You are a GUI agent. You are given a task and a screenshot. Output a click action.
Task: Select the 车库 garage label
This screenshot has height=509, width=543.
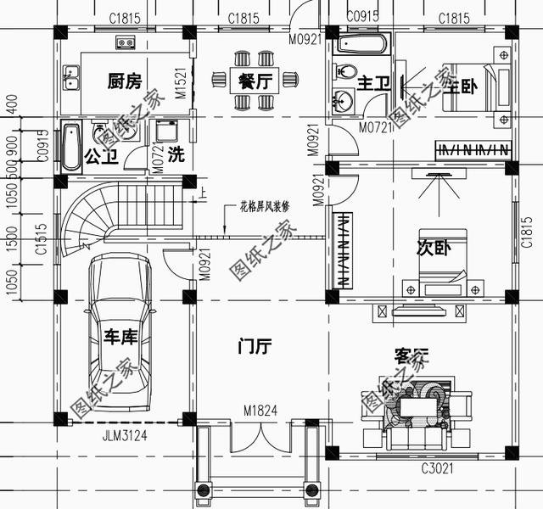tap(120, 338)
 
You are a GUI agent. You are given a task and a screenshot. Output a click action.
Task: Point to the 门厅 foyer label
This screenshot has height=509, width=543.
tap(254, 346)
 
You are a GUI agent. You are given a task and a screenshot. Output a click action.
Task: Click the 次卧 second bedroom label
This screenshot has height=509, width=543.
tap(432, 248)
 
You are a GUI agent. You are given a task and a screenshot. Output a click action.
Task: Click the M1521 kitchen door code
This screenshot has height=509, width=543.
tap(181, 86)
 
